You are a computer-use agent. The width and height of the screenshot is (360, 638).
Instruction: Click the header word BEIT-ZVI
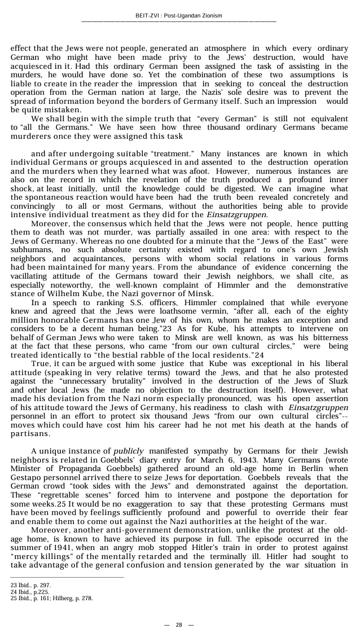tap(148, 16)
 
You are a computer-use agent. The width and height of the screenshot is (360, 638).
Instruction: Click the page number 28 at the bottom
tap(179, 624)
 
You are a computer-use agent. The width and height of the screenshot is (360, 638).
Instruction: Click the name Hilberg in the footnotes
tap(63, 598)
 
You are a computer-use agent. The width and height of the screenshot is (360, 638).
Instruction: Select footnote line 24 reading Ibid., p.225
tap(30, 592)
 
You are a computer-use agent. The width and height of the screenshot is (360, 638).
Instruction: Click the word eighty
tap(336, 312)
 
